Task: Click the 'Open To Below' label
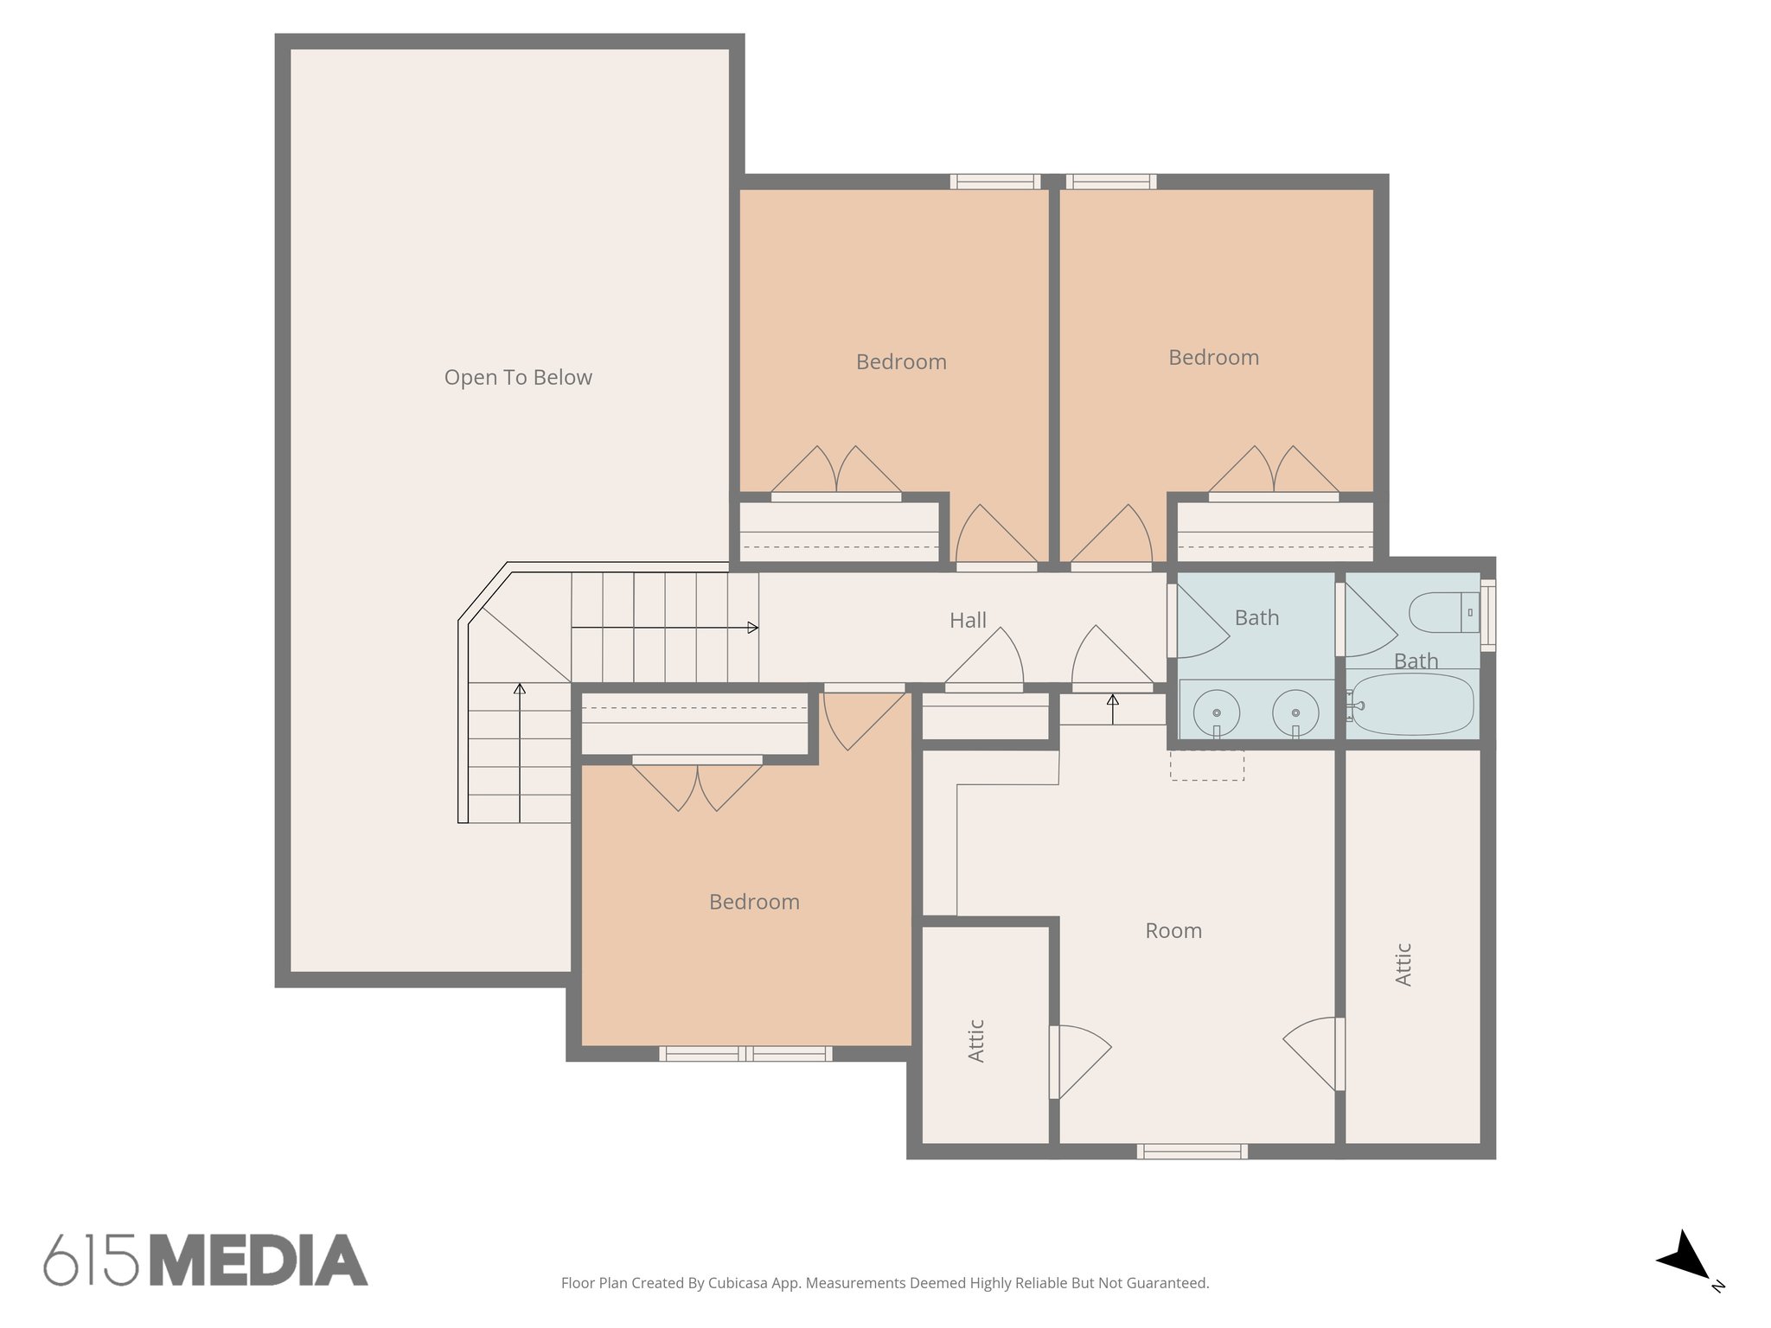[x=518, y=378]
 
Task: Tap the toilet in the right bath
[x=1442, y=612]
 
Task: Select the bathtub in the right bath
[x=1412, y=705]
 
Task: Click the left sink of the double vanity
[x=1217, y=712]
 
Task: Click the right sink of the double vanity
[x=1295, y=712]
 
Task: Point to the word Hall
[x=968, y=621]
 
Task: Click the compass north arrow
[x=1684, y=1256]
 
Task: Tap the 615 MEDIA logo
[x=206, y=1261]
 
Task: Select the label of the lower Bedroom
[x=754, y=903]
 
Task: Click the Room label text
[x=1173, y=931]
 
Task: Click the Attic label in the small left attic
[x=976, y=1040]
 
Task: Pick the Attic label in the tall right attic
[x=1403, y=964]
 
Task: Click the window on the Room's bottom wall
[x=1192, y=1152]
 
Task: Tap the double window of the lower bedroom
[x=745, y=1054]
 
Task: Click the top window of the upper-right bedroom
[x=1111, y=182]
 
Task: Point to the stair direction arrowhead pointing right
[x=753, y=628]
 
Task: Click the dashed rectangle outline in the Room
[x=1207, y=765]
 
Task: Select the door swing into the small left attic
[x=1081, y=1062]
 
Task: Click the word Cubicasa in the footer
[x=739, y=1283]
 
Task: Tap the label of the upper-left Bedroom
[x=901, y=362]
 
